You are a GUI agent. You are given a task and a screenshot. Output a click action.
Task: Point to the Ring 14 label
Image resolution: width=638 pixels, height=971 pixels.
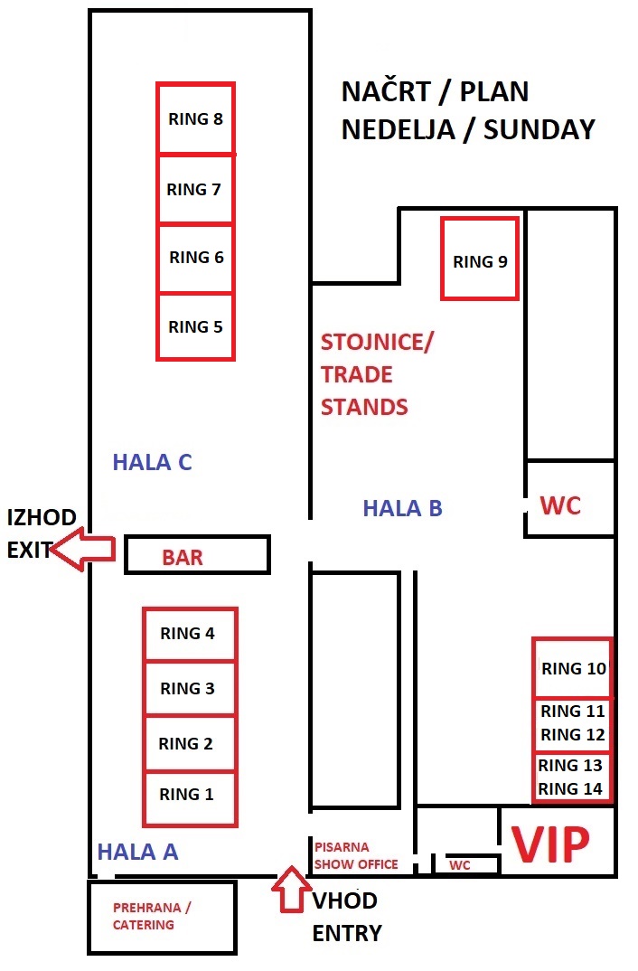[x=570, y=789]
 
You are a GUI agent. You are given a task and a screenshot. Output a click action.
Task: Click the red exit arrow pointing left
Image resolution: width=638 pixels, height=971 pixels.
[x=83, y=549]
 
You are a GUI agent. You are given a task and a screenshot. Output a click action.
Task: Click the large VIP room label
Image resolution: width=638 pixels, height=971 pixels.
[x=550, y=844]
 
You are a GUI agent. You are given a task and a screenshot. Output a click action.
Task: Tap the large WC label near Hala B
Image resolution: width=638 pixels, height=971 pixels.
[x=560, y=505]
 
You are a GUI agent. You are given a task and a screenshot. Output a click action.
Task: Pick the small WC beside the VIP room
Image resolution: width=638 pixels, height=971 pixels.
[x=460, y=865]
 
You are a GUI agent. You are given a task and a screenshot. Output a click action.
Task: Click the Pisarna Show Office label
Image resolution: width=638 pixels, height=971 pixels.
[x=356, y=855]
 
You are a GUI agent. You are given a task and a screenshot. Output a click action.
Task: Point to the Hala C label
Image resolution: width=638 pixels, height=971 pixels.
[x=152, y=462]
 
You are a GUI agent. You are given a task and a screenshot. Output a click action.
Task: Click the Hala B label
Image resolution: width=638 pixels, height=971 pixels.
[x=402, y=508]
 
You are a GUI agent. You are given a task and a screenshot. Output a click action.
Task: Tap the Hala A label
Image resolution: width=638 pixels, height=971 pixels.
[x=138, y=852]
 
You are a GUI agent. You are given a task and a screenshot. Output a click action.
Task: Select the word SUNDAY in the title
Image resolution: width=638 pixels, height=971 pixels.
[x=539, y=129]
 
